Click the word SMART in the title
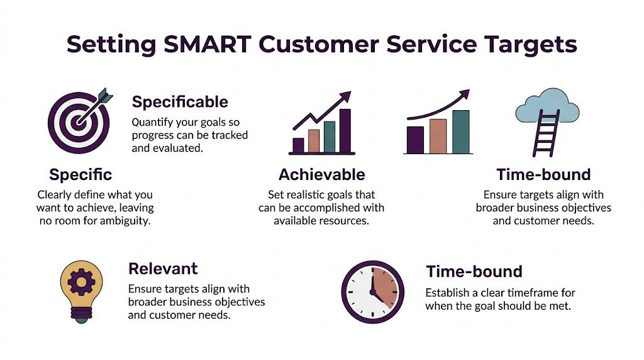point(203,45)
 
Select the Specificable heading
point(180,101)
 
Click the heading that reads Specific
point(80,174)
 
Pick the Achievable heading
point(321,174)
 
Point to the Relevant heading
point(163,269)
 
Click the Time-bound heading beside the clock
point(474,272)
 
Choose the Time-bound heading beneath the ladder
point(543,174)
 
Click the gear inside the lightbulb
point(81,284)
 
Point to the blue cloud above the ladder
point(546,107)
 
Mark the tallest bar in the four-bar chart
point(345,131)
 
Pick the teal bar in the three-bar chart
point(461,132)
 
